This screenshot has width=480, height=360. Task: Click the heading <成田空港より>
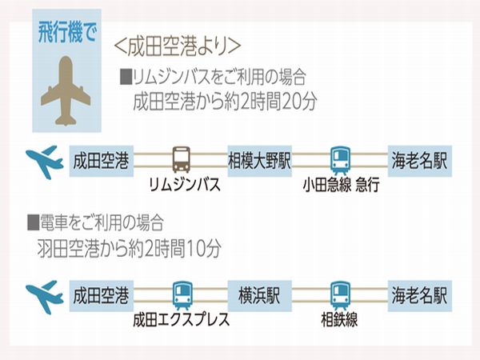177,45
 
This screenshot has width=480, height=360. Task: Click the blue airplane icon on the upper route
44,160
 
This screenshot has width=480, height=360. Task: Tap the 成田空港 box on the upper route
100,160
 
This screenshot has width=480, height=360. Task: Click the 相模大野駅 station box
259,160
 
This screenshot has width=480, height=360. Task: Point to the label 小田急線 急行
341,185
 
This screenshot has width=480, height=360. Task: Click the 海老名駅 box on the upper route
418,160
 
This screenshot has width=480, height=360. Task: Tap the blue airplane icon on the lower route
44,295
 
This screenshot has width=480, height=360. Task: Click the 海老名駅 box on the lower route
418,295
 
